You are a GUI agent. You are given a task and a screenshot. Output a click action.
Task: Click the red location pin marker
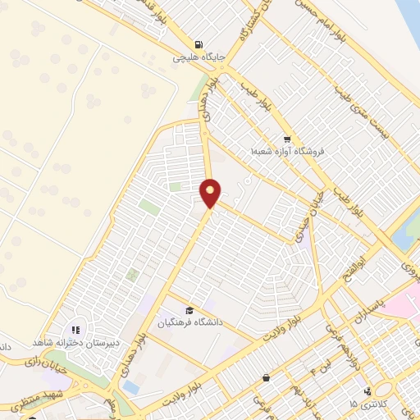(211, 193)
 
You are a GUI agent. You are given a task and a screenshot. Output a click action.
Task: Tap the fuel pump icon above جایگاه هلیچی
(198, 45)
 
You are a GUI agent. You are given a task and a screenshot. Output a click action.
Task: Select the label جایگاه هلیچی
(194, 59)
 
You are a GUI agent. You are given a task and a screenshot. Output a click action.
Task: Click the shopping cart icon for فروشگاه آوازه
(286, 139)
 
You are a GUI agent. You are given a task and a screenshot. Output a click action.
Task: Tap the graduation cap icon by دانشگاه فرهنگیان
(190, 310)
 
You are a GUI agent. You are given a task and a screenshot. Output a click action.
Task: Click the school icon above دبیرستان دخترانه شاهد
(75, 329)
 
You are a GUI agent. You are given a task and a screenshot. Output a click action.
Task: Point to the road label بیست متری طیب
(360, 112)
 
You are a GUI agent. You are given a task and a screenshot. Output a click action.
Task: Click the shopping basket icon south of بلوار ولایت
(267, 377)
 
